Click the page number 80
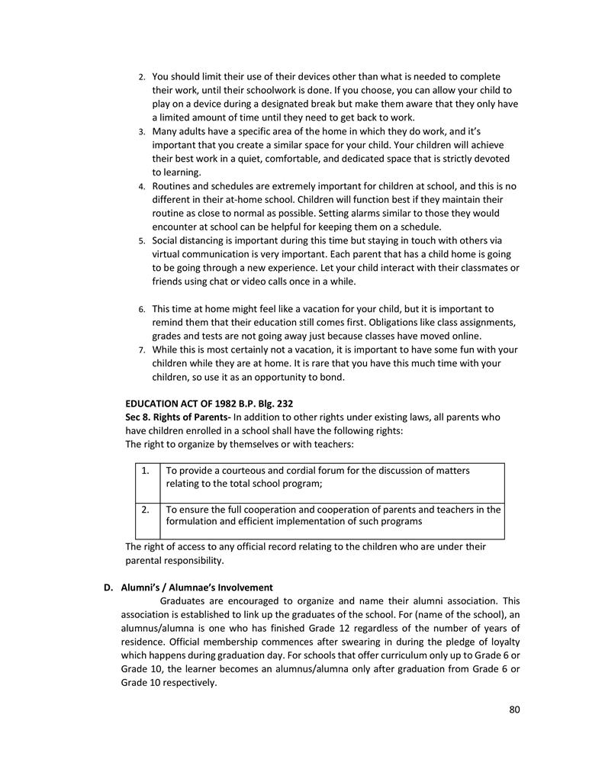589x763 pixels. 514,710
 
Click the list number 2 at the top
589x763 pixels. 141,78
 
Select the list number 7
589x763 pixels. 141,350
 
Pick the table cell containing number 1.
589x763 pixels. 145,471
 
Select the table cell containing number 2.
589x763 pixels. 145,509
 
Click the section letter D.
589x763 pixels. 108,588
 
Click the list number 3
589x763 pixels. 141,132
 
